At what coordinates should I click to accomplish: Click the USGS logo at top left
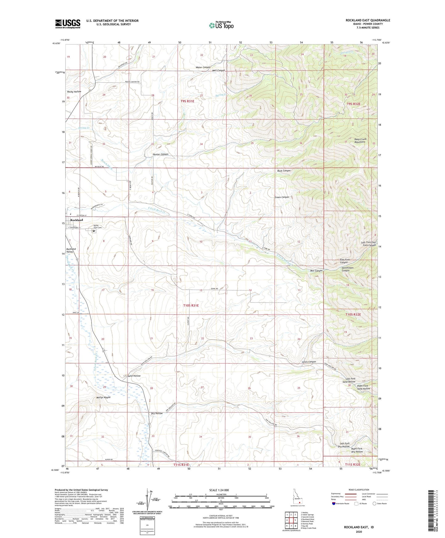coord(67,24)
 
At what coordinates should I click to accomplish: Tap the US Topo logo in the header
coord(221,25)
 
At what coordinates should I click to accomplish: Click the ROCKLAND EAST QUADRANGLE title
coord(368,20)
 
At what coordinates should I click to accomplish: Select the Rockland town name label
coord(77,220)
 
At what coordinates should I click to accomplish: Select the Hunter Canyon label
coord(160,154)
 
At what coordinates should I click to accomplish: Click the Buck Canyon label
coord(284,170)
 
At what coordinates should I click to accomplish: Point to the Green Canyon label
coord(282,197)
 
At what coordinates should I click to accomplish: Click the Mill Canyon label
coord(316,271)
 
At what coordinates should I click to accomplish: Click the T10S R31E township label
coord(189,305)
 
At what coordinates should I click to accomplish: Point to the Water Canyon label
coord(203,67)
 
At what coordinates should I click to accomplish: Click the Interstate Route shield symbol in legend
coord(334,503)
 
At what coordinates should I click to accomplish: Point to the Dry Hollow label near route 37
coord(157,413)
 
